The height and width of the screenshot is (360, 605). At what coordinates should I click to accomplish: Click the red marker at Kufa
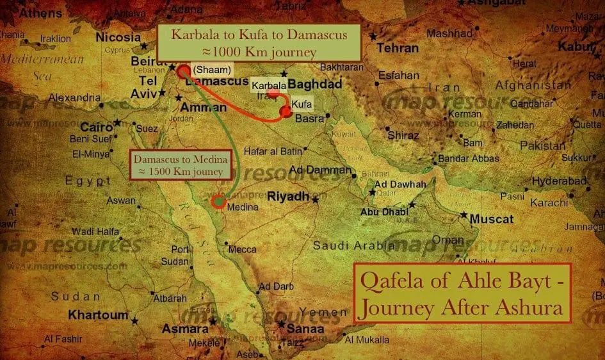tap(285, 113)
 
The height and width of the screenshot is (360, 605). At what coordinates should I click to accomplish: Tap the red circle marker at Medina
tap(218, 202)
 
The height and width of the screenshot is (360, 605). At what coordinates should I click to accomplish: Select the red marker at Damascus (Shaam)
tap(184, 71)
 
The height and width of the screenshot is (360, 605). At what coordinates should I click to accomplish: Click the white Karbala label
tap(268, 85)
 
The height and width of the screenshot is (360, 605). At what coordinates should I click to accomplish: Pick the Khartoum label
tap(99, 315)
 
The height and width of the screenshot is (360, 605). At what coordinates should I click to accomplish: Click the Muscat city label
tap(492, 219)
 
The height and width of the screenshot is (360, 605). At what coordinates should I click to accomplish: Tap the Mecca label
tap(242, 249)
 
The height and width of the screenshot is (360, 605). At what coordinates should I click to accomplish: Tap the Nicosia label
tap(118, 37)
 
